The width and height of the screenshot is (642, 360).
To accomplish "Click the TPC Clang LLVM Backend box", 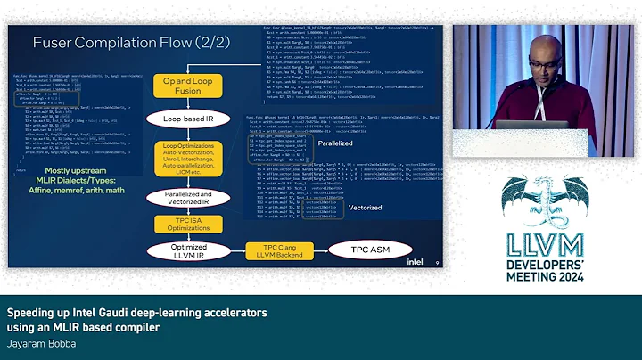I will click(x=275, y=250).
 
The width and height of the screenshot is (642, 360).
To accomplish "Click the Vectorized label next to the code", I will click(x=365, y=208).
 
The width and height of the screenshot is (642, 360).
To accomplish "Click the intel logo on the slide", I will click(x=416, y=262).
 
